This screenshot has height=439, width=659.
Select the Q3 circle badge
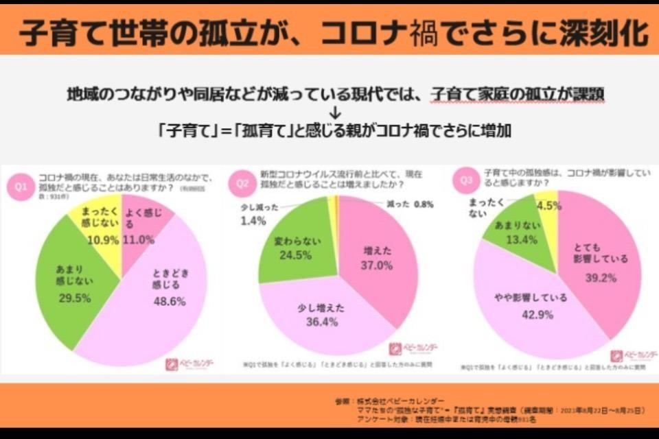(467, 181)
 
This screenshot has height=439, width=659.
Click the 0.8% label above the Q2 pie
(424, 204)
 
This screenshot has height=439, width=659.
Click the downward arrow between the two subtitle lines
(335, 112)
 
